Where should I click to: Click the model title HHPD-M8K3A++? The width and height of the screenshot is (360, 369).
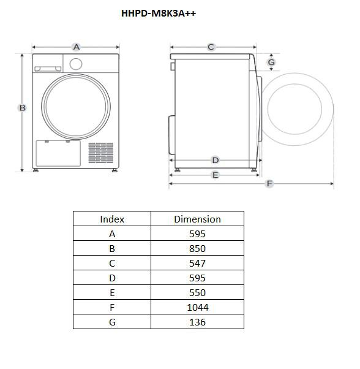point(159,13)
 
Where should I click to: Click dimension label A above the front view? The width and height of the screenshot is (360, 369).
point(77,47)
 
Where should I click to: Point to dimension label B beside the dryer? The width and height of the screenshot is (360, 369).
point(22,108)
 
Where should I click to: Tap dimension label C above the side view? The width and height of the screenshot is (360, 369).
point(211,47)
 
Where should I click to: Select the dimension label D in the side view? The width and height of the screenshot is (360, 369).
point(216,160)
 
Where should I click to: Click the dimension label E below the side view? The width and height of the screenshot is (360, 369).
point(216,175)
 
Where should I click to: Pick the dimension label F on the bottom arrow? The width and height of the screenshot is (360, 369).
point(269,183)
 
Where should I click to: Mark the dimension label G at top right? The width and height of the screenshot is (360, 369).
point(271,63)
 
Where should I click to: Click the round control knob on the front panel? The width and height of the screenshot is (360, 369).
point(76,64)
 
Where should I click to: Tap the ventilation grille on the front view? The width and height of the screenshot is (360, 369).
point(101,153)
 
